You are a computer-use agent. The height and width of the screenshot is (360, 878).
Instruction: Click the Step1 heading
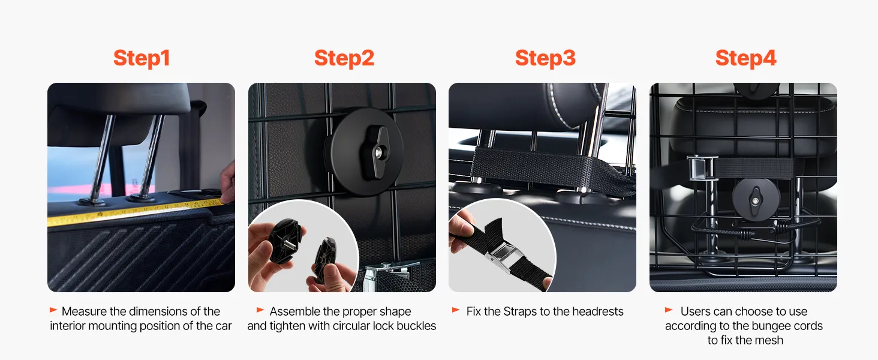[142, 58]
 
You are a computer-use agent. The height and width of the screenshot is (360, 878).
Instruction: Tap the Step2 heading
[344, 58]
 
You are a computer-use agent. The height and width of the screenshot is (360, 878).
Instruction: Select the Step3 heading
[545, 58]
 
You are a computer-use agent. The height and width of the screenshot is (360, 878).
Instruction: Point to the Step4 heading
[745, 58]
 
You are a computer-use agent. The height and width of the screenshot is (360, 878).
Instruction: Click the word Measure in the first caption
[84, 311]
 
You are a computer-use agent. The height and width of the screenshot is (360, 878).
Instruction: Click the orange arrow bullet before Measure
[53, 310]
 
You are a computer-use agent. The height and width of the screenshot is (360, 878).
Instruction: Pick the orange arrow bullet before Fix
[456, 310]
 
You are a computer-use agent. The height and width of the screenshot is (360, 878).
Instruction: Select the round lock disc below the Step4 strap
[755, 200]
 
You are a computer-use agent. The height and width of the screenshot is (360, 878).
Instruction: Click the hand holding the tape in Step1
[228, 184]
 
